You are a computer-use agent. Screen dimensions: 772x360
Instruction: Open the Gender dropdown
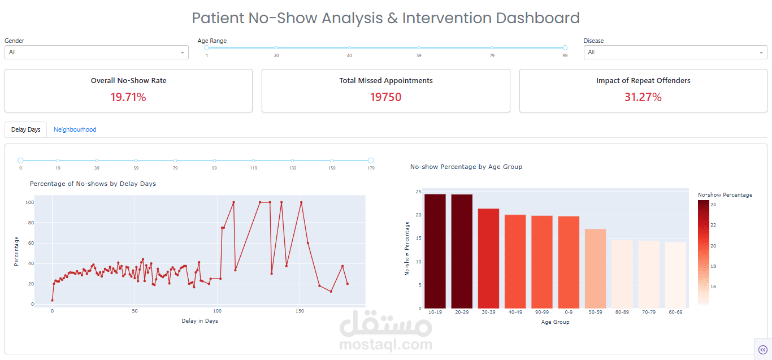(x=97, y=53)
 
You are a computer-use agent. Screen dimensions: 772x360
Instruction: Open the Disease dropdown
(x=675, y=53)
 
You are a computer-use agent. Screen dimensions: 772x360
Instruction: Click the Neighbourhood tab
(x=75, y=129)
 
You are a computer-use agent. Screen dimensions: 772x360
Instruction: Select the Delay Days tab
(x=26, y=129)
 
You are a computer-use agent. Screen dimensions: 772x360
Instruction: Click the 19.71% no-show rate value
(x=128, y=97)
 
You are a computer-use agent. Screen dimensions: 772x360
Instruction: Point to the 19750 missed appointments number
(x=385, y=97)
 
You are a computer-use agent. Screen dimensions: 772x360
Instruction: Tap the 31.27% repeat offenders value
(x=643, y=97)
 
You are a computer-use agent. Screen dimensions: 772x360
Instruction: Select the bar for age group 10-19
(x=435, y=251)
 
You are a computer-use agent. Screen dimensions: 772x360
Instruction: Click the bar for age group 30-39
(x=488, y=258)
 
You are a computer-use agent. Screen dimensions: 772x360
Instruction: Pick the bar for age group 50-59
(x=595, y=268)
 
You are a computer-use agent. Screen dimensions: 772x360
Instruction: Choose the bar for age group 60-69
(x=675, y=275)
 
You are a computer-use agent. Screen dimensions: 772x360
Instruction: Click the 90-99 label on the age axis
(x=542, y=312)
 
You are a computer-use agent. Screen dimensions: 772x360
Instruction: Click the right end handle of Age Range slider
(x=565, y=48)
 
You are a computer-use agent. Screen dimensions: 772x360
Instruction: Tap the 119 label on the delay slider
(x=253, y=168)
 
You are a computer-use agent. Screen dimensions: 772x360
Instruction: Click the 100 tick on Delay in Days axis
(x=217, y=311)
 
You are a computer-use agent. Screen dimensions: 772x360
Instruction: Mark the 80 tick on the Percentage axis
(x=31, y=223)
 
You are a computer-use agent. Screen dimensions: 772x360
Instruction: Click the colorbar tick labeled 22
(x=713, y=225)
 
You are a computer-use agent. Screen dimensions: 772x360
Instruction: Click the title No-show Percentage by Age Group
(x=466, y=167)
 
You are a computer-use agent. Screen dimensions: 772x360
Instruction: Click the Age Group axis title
(x=555, y=322)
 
